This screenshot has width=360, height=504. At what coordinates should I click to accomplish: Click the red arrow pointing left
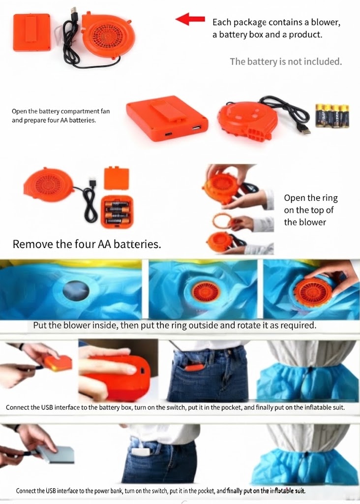190,19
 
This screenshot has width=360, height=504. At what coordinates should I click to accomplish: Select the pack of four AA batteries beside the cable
332,116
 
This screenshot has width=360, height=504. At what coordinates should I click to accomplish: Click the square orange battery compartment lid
117,178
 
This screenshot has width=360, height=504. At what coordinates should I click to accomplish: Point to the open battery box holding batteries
117,212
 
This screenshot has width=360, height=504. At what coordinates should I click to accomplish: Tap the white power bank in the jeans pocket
142,452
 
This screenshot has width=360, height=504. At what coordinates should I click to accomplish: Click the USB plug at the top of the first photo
74,14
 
